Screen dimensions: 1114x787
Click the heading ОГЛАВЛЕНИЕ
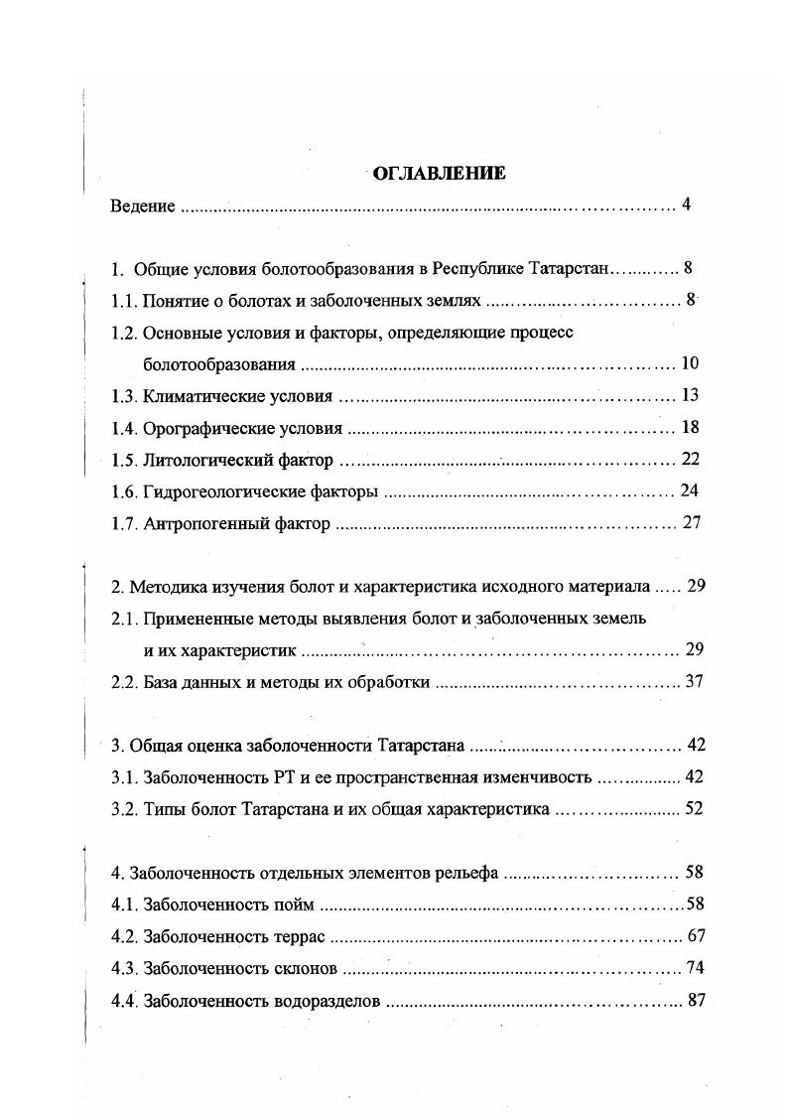point(439,174)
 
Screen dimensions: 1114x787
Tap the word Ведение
point(143,207)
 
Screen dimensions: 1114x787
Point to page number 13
point(691,395)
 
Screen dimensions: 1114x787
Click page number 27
point(692,523)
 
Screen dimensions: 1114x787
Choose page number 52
point(693,808)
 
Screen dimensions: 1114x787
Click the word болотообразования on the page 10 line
point(218,364)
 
